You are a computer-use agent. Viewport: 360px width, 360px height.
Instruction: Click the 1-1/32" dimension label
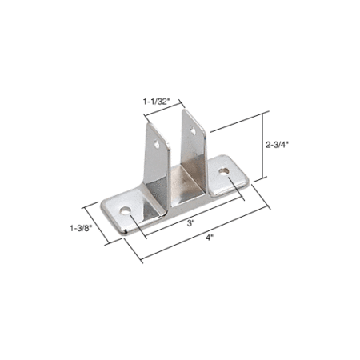(157, 102)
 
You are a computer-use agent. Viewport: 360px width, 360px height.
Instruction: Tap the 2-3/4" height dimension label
(278, 145)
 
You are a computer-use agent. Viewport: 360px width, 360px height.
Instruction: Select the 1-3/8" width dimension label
(81, 228)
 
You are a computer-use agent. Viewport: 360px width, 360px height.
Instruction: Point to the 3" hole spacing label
(190, 223)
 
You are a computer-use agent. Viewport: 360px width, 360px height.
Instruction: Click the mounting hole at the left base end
(125, 211)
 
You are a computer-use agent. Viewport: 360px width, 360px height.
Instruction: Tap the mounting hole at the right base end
(224, 171)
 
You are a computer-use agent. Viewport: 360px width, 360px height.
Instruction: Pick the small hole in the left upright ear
(157, 145)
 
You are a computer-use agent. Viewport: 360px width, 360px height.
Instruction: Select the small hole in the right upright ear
(193, 130)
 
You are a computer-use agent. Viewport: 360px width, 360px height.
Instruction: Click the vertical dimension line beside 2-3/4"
(264, 146)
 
